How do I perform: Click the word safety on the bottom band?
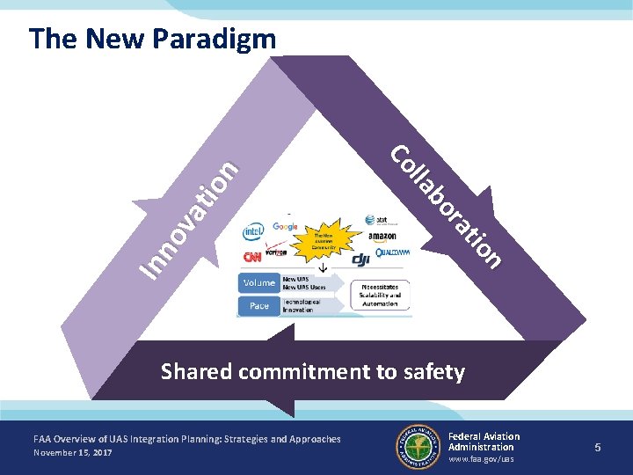click(x=433, y=372)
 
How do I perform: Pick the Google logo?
click(x=286, y=226)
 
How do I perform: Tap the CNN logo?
click(x=252, y=258)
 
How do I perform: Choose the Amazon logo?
click(x=383, y=237)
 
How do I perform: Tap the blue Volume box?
click(x=259, y=283)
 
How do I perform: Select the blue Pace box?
click(x=259, y=305)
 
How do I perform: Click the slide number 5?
click(x=597, y=448)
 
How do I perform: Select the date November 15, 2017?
click(x=73, y=452)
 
